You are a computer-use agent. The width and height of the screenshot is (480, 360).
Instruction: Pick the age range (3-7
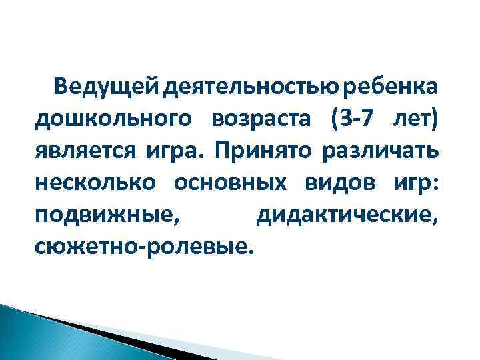click(x=354, y=119)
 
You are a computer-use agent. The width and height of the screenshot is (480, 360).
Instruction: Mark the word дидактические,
click(x=347, y=217)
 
